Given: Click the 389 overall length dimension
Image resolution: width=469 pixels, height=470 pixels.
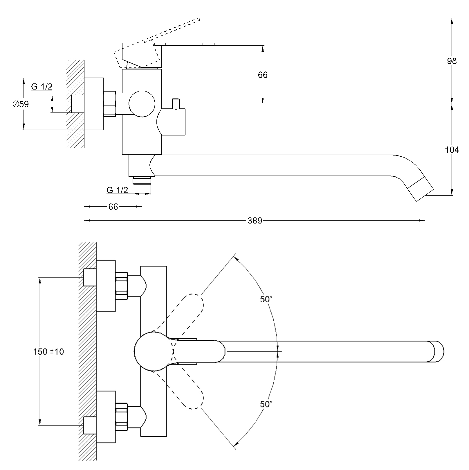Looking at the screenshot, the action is (255, 221).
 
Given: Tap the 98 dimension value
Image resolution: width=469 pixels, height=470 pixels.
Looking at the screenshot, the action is (452, 61).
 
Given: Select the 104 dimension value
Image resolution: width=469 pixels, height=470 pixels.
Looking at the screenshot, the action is (452, 150).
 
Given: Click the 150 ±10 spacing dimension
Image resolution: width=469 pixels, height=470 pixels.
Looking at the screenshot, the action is (48, 352).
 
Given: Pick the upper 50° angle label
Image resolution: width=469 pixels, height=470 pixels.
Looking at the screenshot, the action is (266, 299).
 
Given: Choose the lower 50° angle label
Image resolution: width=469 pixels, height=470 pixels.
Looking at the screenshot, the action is (266, 404).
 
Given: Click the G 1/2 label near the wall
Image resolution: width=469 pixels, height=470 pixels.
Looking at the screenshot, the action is (42, 87).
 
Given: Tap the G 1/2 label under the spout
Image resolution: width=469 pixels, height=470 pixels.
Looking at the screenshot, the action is (117, 190).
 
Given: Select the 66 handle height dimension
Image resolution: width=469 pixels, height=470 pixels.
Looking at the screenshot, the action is (263, 75).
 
